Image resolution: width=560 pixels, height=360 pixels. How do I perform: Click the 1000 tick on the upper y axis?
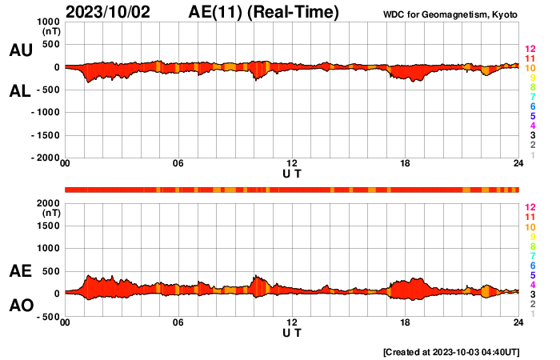(46, 22)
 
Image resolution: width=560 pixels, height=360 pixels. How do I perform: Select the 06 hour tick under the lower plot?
(178, 323)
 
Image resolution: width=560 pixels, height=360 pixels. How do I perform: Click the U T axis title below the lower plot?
(292, 332)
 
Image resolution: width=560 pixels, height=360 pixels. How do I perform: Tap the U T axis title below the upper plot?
(292, 174)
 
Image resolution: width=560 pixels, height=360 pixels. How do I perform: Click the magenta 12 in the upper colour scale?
(530, 49)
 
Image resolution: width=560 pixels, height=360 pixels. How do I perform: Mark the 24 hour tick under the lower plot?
(518, 323)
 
